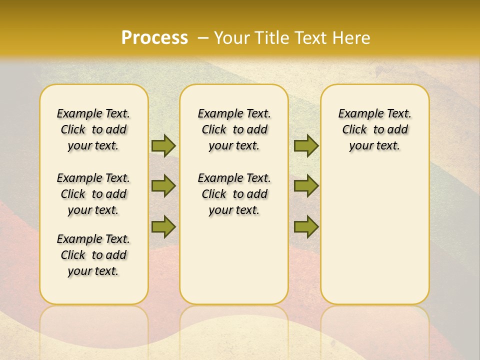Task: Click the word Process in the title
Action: coord(154,37)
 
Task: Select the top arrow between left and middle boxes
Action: coord(163,145)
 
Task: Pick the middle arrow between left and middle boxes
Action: coord(163,186)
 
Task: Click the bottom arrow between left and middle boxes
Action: coord(163,226)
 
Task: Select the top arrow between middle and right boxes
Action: coord(306,145)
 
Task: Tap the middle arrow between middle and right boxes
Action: coord(306,186)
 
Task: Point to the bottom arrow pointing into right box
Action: coord(306,226)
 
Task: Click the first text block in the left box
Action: coord(93,129)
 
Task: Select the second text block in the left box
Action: coord(93,194)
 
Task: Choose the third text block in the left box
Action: coord(93,255)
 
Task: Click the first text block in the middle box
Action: coord(234,129)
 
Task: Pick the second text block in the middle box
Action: coord(234,194)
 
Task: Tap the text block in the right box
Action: coord(374,129)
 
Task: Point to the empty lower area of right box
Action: coord(374,235)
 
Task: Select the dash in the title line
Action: coord(202,37)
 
